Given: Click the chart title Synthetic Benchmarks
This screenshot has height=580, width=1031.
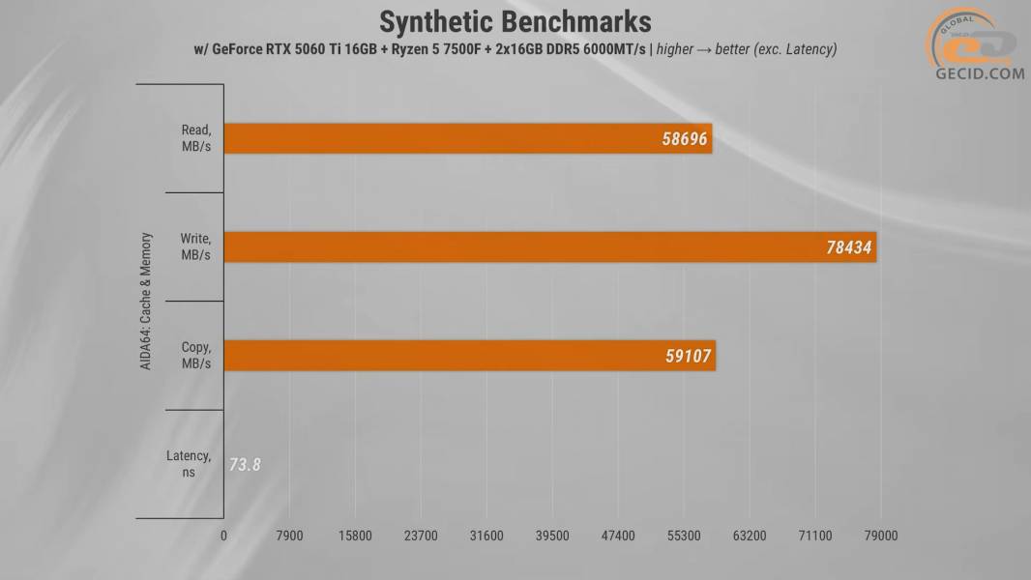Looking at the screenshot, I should tap(515, 21).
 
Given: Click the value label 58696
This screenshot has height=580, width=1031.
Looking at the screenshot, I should tap(685, 139).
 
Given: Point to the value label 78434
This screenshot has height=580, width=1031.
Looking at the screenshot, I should tap(848, 247).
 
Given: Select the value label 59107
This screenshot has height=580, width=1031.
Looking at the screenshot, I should tap(688, 356).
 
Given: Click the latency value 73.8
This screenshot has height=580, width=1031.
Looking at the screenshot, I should tap(245, 464).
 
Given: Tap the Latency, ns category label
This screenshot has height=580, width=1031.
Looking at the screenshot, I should tap(189, 464).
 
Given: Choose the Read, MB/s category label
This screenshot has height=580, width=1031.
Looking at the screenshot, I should tap(195, 138).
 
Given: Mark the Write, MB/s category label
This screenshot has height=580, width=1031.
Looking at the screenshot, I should tap(195, 246).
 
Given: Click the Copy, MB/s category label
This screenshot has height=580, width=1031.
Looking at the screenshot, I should tap(195, 355).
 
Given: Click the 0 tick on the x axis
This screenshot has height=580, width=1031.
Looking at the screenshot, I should tap(223, 535).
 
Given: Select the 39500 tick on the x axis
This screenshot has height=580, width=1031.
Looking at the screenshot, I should tap(552, 535).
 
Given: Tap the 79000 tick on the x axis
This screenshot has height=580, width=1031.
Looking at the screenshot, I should tap(880, 535).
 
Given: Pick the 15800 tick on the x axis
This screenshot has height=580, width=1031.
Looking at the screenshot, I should tap(355, 535).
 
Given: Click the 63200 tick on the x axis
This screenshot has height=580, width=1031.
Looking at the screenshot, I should tap(750, 535).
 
